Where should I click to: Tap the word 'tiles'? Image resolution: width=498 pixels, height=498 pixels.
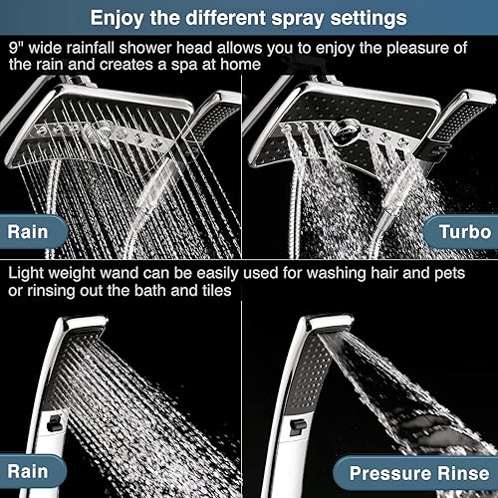click(x=214, y=289)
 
